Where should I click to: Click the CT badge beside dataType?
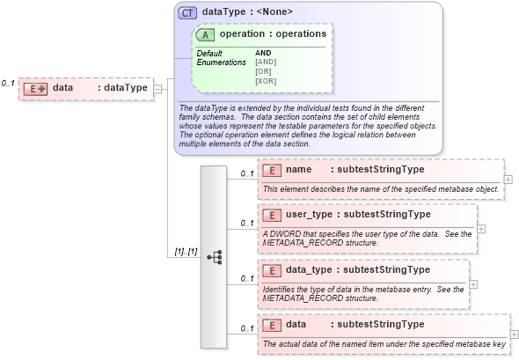[187, 13]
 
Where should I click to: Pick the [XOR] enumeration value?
[267, 81]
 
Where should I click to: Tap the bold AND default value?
[263, 53]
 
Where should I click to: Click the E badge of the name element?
[272, 169]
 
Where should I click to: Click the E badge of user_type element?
[272, 214]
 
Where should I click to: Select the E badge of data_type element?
[272, 269]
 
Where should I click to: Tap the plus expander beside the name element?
[508, 179]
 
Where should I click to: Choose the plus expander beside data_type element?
[473, 284]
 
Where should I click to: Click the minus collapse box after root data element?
[157, 88]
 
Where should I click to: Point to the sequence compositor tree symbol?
[214, 257]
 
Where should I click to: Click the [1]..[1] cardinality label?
[185, 253]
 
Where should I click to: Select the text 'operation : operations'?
[273, 34]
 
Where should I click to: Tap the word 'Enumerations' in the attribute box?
[221, 62]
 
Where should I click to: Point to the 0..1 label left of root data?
[8, 83]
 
